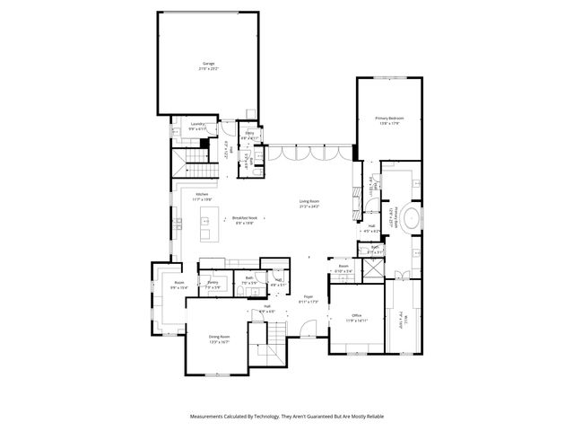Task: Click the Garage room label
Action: (208, 64)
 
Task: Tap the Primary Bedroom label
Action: (389, 118)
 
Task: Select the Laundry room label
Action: (197, 125)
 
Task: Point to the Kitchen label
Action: (202, 195)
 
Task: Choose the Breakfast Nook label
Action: (244, 218)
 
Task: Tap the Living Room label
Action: (309, 201)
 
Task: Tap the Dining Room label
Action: (220, 337)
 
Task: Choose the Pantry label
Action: (213, 283)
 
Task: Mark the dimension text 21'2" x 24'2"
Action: (309, 207)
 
